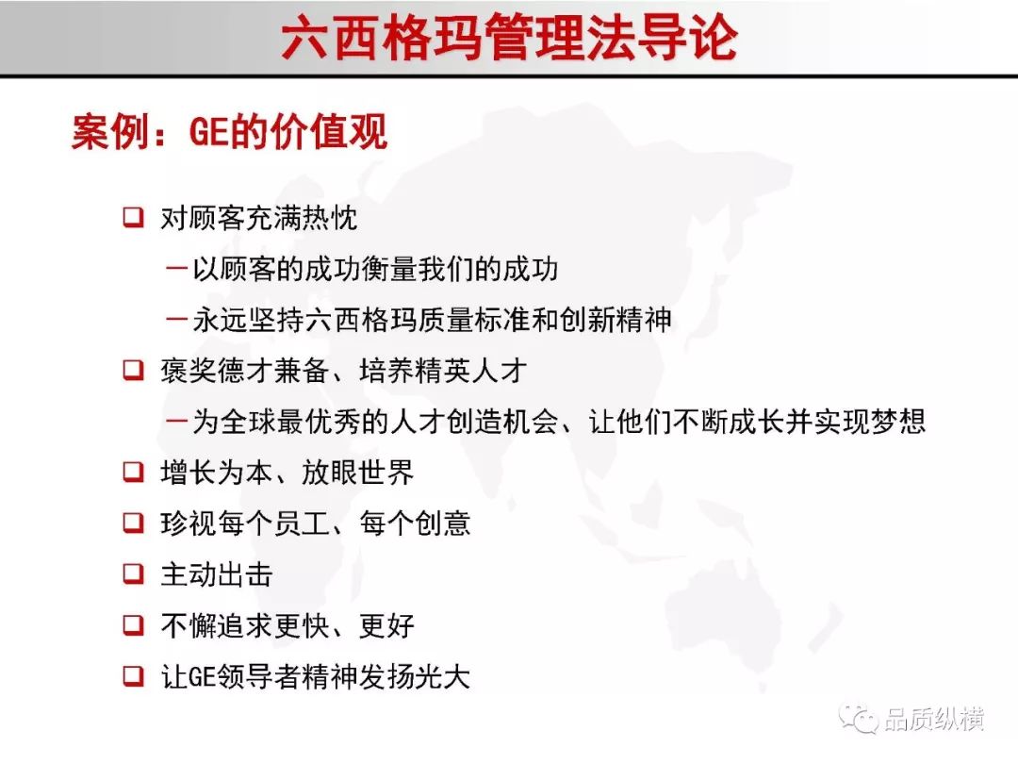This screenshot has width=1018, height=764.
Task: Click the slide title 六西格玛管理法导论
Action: click(510, 38)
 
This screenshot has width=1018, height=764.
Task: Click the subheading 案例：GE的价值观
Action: click(230, 132)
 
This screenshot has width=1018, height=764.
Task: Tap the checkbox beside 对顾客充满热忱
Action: click(133, 217)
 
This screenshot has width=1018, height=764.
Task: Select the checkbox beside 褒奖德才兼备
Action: click(133, 370)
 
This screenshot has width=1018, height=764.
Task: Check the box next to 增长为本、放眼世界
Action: click(133, 472)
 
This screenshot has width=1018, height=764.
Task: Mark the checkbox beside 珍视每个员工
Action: click(133, 523)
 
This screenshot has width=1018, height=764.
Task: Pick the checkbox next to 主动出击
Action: click(133, 573)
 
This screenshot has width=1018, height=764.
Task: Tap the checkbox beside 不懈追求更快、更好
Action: click(133, 625)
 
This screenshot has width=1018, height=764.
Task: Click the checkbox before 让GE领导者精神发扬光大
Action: click(133, 675)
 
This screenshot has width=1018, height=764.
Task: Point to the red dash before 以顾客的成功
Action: click(176, 268)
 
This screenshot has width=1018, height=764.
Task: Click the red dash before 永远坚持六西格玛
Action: click(176, 319)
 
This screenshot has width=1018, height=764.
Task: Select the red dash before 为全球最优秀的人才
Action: click(176, 421)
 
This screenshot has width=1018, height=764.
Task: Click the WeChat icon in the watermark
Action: click(859, 718)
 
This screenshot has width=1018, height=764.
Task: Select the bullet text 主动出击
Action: click(217, 574)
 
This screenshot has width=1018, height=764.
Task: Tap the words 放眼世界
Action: click(358, 473)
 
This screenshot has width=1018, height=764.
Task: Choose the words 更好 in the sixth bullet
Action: click(386, 625)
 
